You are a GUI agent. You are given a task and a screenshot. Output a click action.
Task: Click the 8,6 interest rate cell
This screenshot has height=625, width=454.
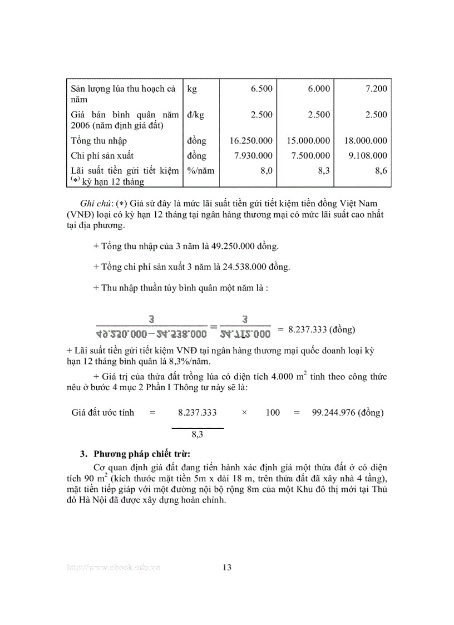point(381,171)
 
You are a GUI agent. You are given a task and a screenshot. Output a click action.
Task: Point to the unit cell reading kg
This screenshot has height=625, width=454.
point(192,88)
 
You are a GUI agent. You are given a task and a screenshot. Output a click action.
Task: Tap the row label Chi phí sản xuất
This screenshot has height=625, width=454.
point(102,156)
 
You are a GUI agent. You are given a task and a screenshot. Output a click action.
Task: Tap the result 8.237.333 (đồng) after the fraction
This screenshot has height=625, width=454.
point(320,329)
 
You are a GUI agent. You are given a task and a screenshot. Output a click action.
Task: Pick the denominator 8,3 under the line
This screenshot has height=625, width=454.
point(197,434)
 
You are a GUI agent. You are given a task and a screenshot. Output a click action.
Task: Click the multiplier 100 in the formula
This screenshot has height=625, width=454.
point(273,413)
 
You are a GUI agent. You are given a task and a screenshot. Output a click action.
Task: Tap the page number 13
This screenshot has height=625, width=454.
point(226,567)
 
